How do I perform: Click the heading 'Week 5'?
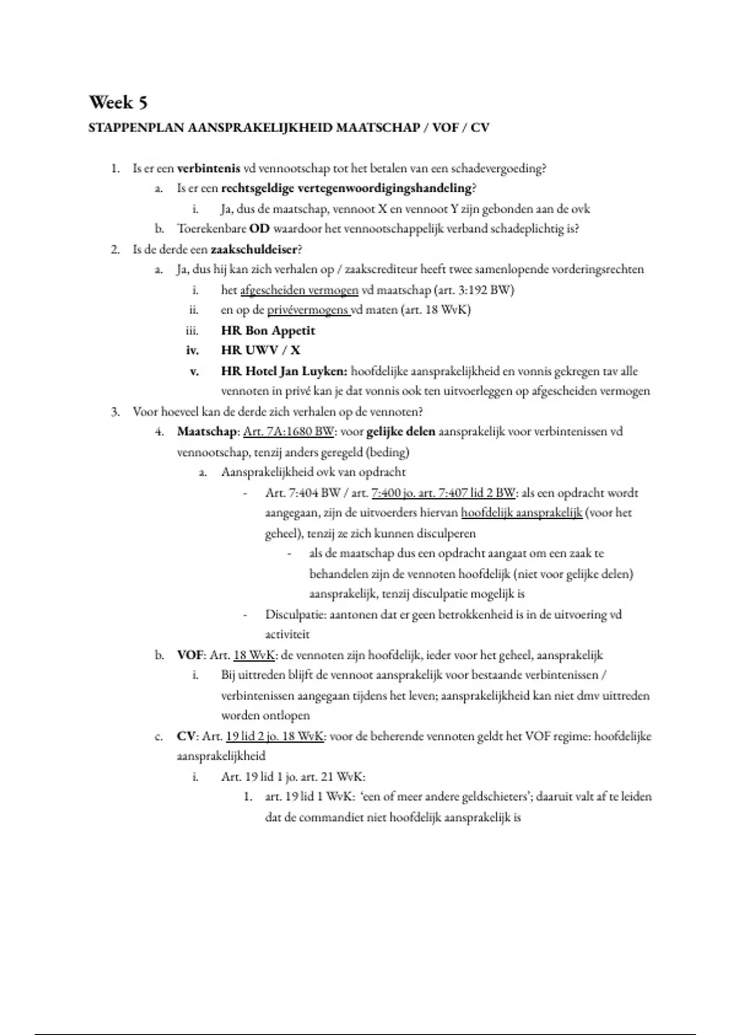pyautogui.click(x=118, y=102)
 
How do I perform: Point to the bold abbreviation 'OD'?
pyautogui.click(x=260, y=229)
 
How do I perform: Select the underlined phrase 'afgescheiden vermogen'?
pyautogui.click(x=299, y=290)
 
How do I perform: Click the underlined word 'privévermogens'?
pyautogui.click(x=308, y=310)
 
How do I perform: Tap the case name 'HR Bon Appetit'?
pyautogui.click(x=268, y=331)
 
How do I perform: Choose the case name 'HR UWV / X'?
pyautogui.click(x=260, y=350)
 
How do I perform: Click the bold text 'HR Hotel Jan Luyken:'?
pyautogui.click(x=284, y=371)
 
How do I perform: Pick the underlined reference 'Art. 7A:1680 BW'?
pyautogui.click(x=288, y=432)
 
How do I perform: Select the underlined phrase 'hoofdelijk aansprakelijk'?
pyautogui.click(x=521, y=513)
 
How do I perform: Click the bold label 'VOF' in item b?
pyautogui.click(x=189, y=655)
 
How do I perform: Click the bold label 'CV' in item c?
pyautogui.click(x=186, y=736)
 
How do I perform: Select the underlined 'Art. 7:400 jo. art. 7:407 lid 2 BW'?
pyautogui.click(x=443, y=493)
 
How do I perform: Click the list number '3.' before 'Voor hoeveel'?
pyautogui.click(x=115, y=412)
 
